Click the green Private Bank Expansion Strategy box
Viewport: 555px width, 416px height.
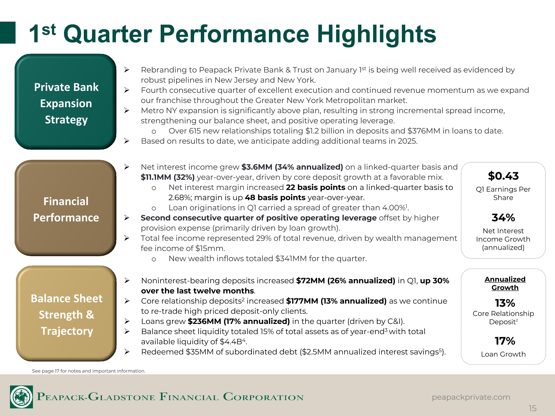(x=65, y=102)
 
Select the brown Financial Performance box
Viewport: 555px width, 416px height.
(x=65, y=208)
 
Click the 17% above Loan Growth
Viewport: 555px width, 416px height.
(x=505, y=341)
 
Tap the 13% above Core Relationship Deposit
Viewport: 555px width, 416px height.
(x=505, y=303)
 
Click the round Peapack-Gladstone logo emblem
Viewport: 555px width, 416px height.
(x=21, y=397)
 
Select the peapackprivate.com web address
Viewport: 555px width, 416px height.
(x=471, y=397)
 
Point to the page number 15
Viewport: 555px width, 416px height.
(x=532, y=408)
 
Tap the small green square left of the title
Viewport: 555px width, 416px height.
(x=8, y=33)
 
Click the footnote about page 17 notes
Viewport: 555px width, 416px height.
(x=89, y=371)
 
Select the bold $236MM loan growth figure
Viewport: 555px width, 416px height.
(x=204, y=321)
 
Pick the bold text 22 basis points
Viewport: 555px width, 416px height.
(x=316, y=187)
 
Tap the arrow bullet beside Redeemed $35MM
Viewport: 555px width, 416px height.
(x=127, y=352)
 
